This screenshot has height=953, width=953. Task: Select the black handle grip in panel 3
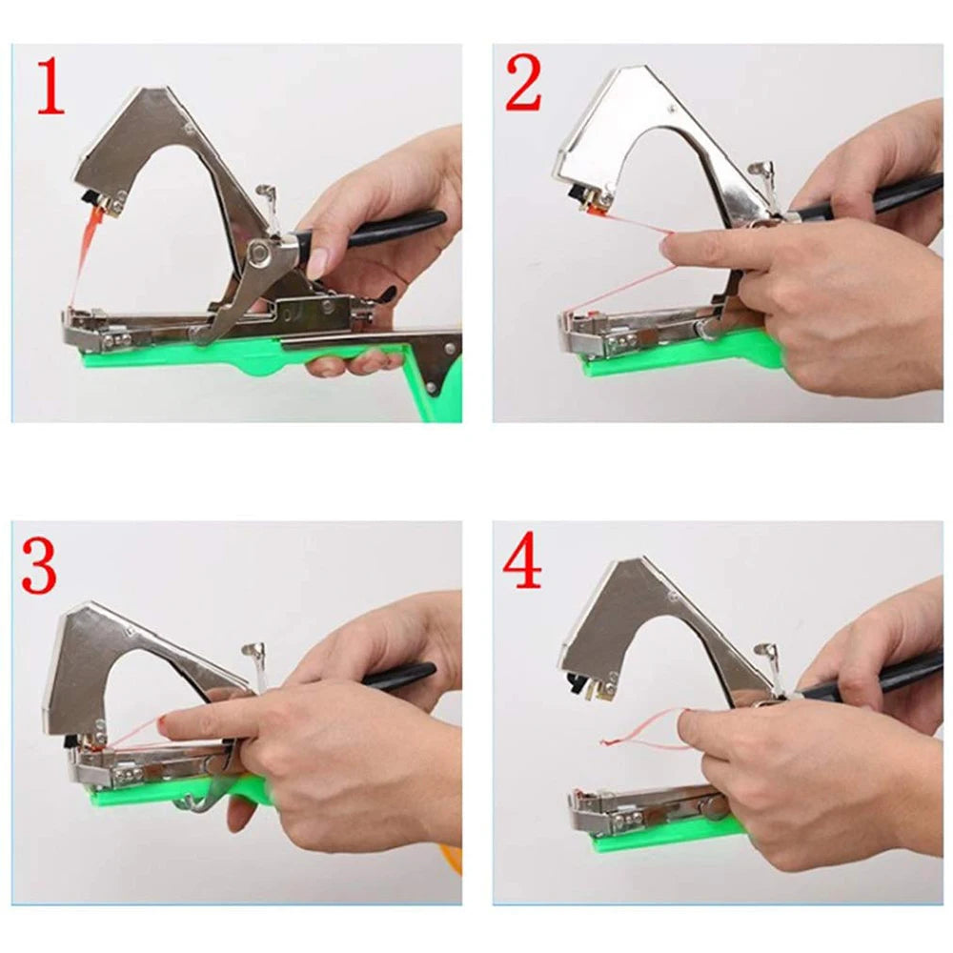(400, 677)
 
